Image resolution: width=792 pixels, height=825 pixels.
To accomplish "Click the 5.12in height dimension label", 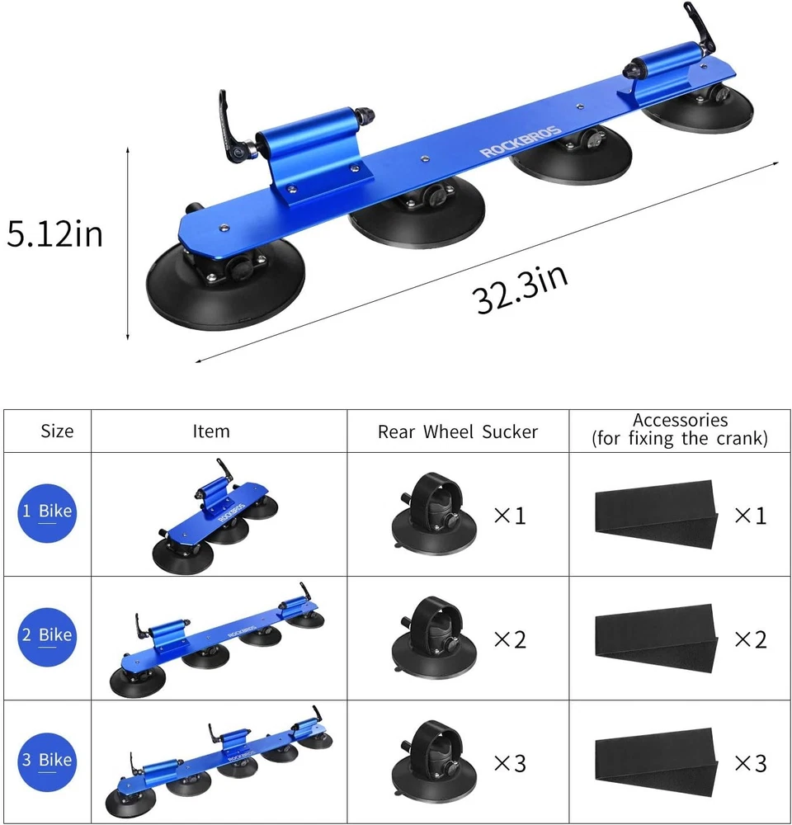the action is click(x=54, y=233).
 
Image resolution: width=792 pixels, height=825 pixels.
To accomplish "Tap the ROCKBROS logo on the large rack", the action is click(x=520, y=142).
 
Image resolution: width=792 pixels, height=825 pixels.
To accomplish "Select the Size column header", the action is click(x=57, y=431).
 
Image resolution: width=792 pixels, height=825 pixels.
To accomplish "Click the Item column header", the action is click(x=211, y=431).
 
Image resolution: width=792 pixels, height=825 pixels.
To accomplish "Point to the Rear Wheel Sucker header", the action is click(x=458, y=431).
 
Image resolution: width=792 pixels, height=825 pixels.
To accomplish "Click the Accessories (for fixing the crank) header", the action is click(x=680, y=429).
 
